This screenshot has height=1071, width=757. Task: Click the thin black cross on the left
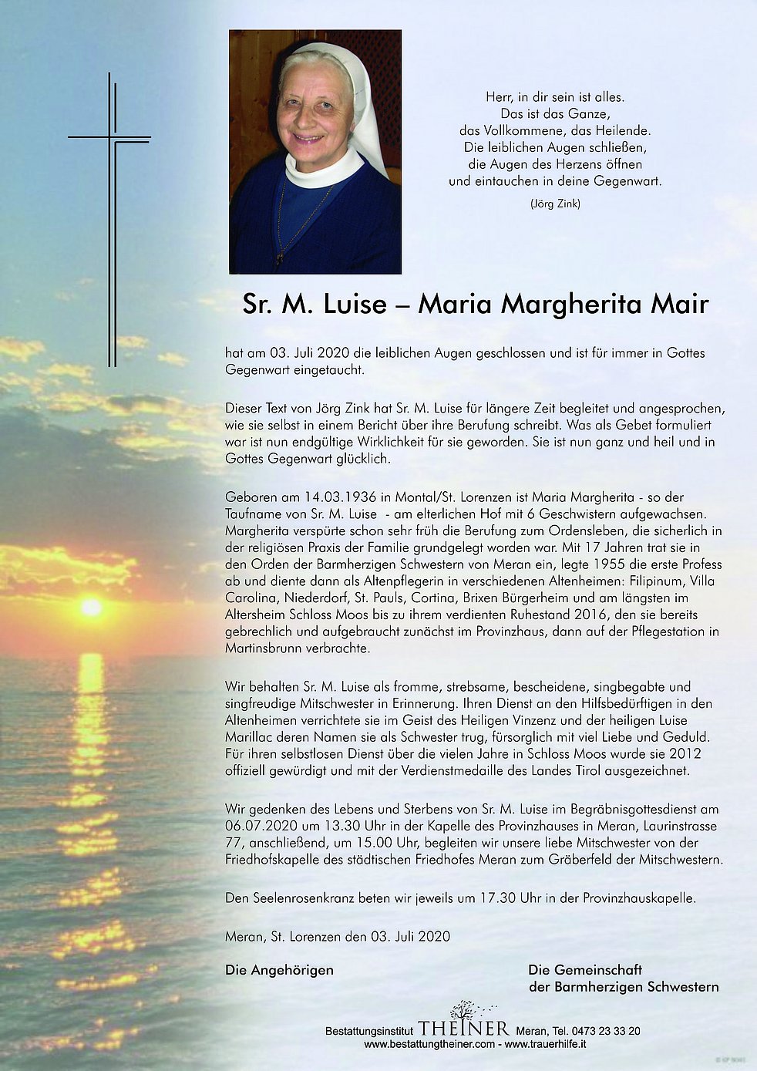pos(113,200)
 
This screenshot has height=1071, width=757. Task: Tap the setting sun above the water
pos(92,608)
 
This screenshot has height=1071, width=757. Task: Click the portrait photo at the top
pos(315,152)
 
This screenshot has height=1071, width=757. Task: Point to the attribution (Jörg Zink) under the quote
pos(555,204)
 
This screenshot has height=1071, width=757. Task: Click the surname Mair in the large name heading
pos(678,305)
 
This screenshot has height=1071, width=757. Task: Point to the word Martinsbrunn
pos(263,648)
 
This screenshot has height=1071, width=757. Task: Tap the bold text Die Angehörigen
pos(279,970)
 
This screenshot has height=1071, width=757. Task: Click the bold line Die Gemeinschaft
pos(585,970)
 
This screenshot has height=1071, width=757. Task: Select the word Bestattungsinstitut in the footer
pos(369,1031)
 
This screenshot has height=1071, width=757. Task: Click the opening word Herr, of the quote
pos(500,97)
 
